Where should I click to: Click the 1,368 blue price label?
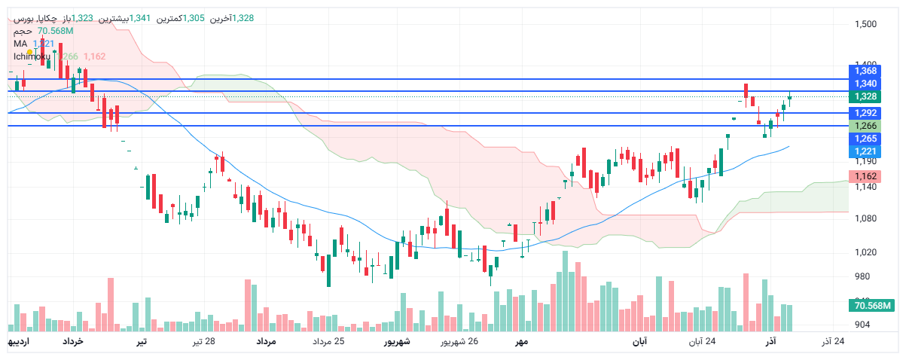[865, 71]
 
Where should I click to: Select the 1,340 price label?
[865, 84]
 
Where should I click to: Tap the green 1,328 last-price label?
[865, 96]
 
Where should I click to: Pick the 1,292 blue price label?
[865, 113]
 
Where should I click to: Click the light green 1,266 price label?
[865, 126]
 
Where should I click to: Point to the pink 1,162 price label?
[865, 176]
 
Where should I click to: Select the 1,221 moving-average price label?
[865, 151]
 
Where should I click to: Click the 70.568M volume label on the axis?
[871, 305]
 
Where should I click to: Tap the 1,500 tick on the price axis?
[865, 24]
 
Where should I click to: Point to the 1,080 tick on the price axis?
[865, 219]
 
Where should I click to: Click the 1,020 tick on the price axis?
[865, 252]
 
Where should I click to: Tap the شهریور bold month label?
[397, 342]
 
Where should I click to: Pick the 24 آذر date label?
[832, 342]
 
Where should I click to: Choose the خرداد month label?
[72, 342]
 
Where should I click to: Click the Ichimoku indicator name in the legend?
[32, 56]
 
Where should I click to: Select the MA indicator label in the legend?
[20, 44]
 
